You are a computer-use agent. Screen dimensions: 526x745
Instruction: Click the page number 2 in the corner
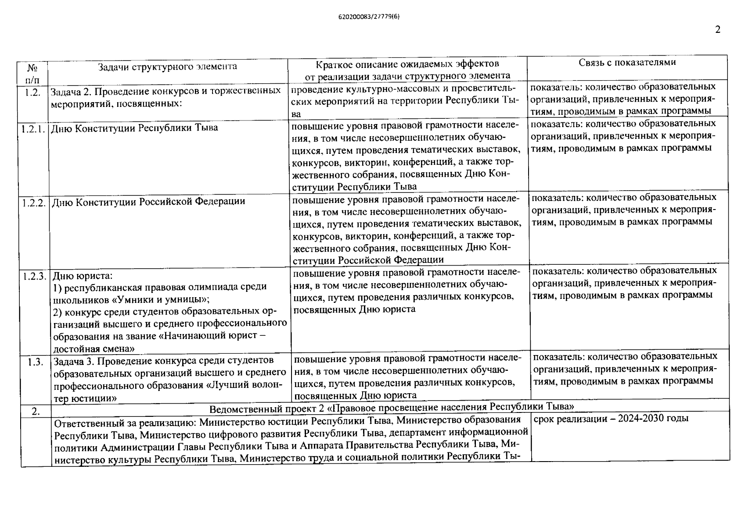[718, 29]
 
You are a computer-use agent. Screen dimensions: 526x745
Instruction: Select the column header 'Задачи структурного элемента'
[167, 67]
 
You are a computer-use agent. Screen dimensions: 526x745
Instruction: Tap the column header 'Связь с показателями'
[627, 62]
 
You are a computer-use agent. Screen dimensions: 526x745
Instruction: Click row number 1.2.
[32, 92]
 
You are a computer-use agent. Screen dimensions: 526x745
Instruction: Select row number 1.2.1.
[33, 129]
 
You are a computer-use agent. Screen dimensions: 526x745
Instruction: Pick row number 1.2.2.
[34, 203]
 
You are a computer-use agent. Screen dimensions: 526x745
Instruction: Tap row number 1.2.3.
[35, 276]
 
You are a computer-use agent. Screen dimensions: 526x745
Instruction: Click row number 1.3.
[35, 362]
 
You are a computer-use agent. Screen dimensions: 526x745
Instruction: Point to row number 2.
[36, 411]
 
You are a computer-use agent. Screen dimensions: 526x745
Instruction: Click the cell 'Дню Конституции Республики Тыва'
[134, 128]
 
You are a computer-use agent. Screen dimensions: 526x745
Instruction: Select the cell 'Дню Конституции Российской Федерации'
[148, 202]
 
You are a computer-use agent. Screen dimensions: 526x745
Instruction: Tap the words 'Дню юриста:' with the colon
[83, 276]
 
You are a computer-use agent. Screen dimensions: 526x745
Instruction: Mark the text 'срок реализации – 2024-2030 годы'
[611, 418]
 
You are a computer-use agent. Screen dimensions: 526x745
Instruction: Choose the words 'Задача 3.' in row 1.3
[74, 361]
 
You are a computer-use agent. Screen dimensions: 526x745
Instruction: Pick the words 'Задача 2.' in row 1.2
[71, 92]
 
